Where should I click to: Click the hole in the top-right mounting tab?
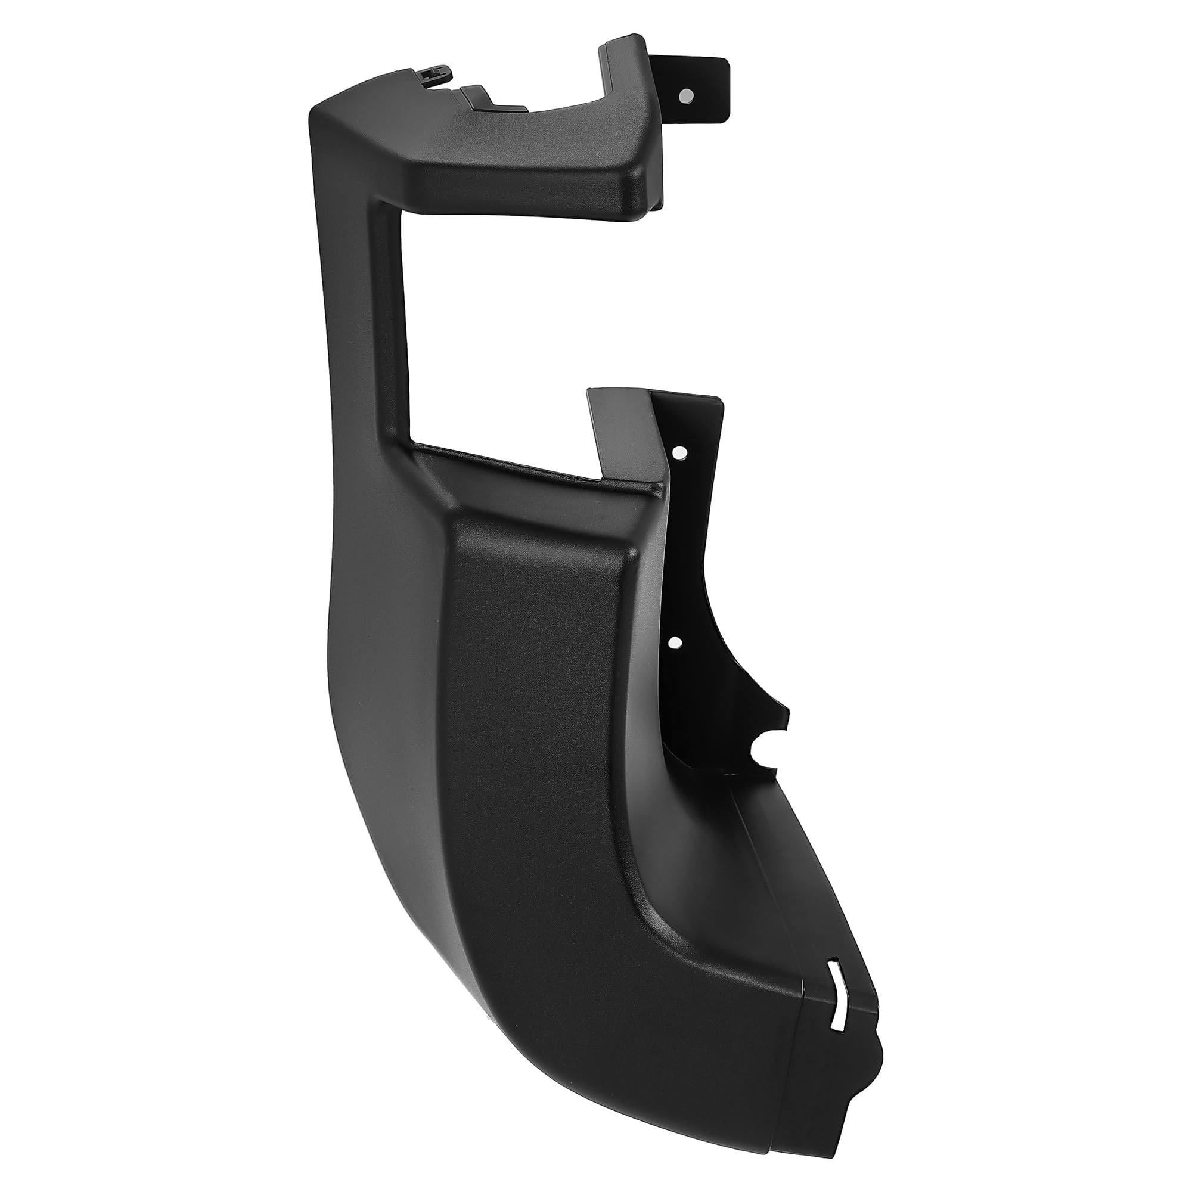coord(685,95)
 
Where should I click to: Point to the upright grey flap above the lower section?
coord(623,432)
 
